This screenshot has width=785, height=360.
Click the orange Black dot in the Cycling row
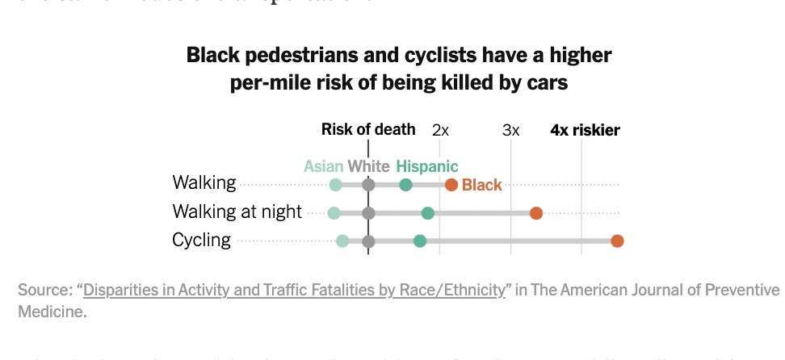[617, 241]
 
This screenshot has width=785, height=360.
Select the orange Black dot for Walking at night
[535, 213]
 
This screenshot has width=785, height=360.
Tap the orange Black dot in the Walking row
[451, 185]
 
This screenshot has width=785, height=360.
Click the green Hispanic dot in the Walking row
[405, 185]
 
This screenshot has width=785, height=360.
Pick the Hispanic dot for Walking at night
[428, 213]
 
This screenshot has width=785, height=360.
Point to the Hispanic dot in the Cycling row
[419, 241]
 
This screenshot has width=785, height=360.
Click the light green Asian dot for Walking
[336, 185]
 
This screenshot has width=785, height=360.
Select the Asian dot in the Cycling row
[342, 241]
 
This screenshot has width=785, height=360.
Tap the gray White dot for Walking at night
[368, 213]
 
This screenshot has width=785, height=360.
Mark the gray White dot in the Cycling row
[368, 241]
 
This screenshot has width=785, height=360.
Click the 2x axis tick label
[440, 130]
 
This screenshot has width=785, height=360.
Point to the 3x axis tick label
[510, 130]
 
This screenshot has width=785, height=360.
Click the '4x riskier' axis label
[585, 130]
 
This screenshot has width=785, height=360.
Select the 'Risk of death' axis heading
[368, 129]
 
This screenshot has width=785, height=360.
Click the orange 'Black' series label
[482, 185]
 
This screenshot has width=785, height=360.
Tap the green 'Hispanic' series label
[426, 166]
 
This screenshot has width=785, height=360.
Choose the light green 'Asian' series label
[323, 166]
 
